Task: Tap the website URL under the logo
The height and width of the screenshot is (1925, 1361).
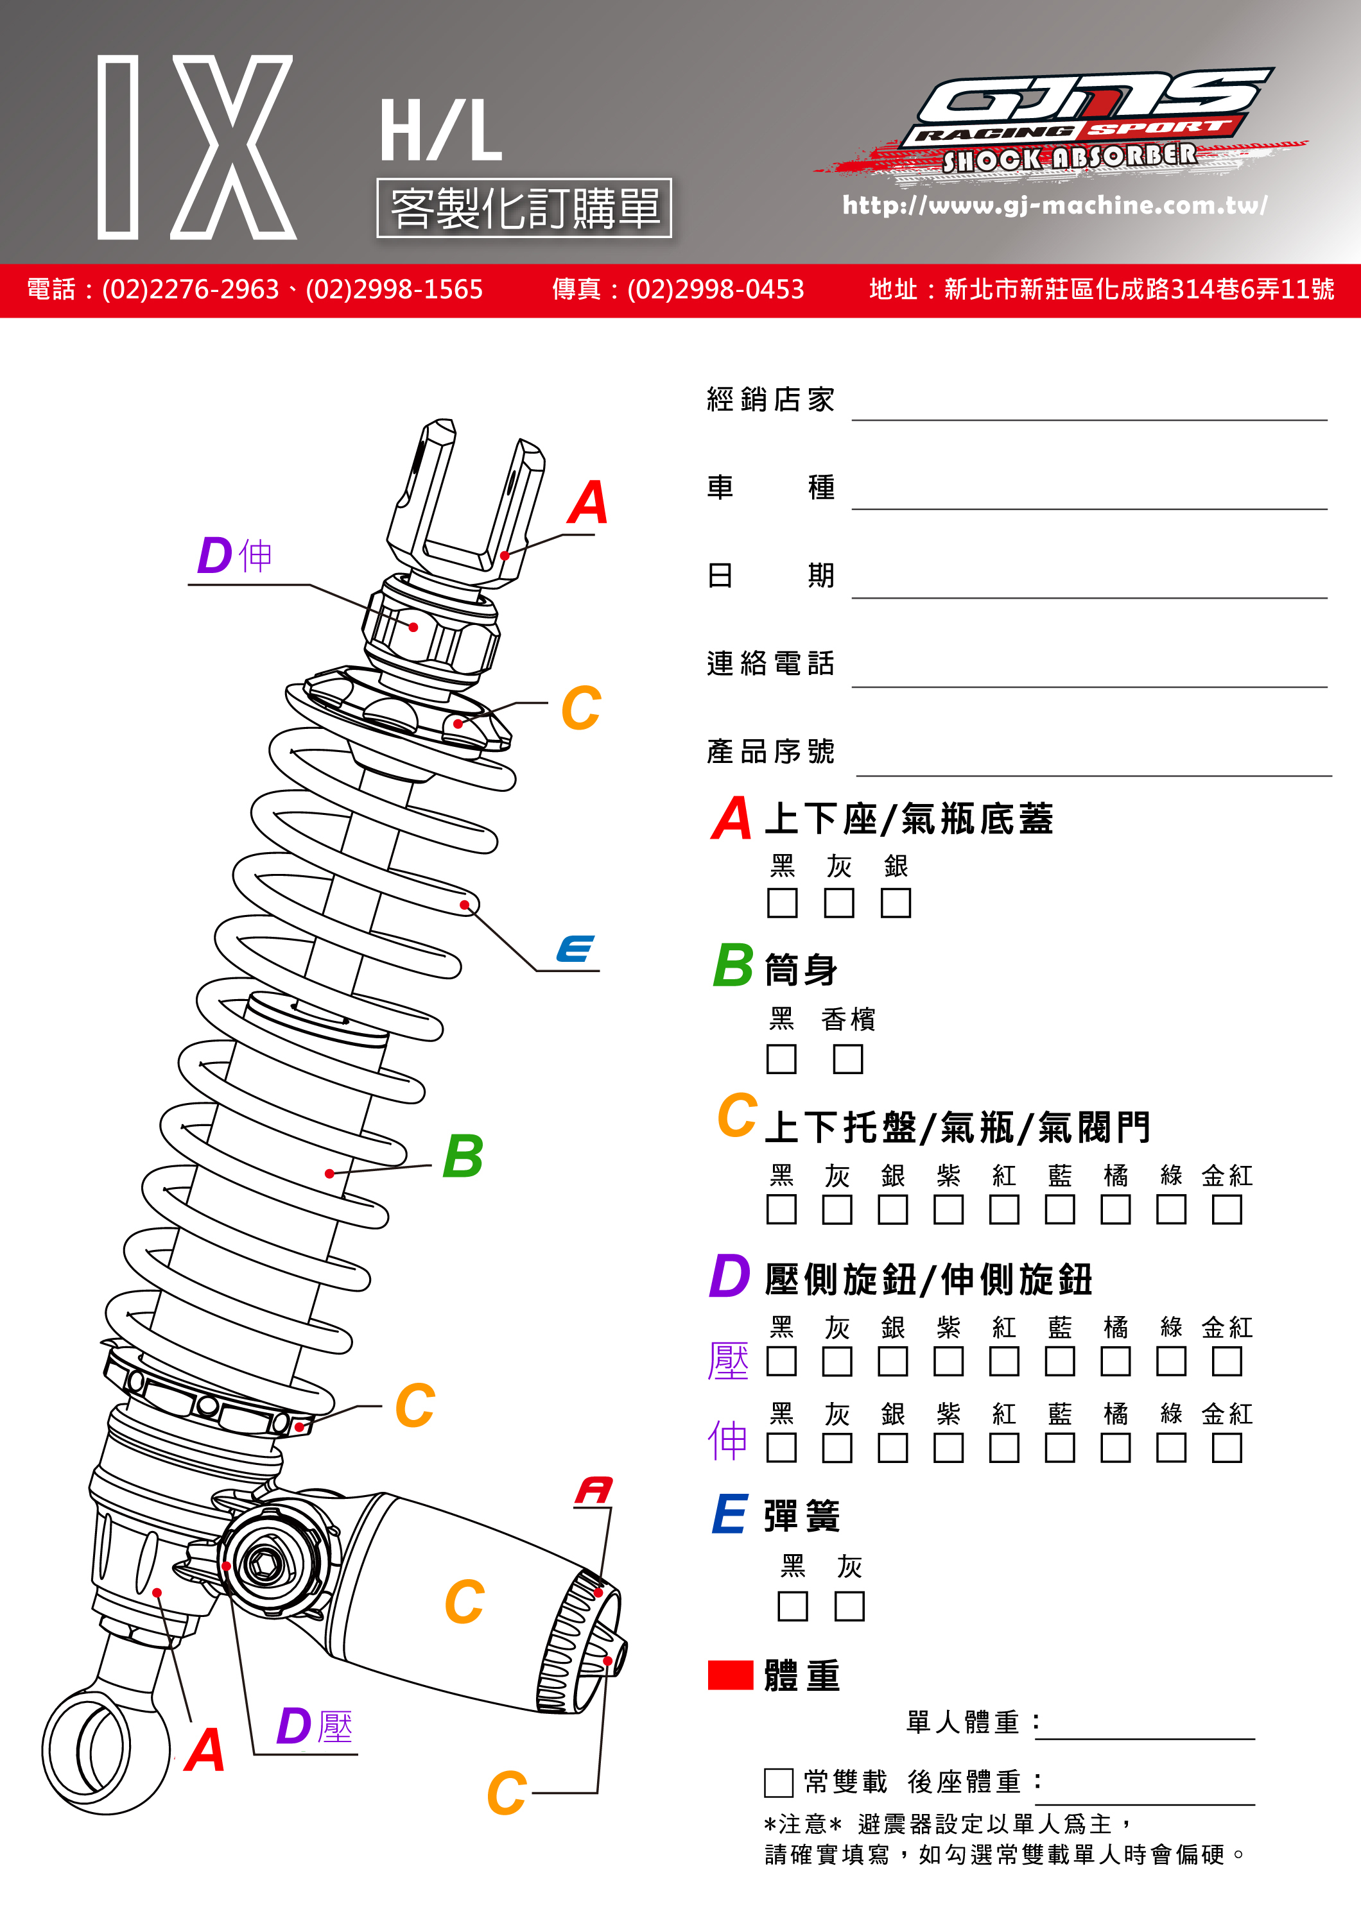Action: [1054, 205]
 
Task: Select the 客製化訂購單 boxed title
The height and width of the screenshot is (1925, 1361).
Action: [524, 208]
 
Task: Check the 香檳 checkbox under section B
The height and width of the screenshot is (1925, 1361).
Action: [848, 1059]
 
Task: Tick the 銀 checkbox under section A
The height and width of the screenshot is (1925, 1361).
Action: [896, 903]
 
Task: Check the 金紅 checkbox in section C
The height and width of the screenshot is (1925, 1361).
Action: [1226, 1209]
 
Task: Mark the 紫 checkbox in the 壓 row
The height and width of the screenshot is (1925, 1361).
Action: [948, 1362]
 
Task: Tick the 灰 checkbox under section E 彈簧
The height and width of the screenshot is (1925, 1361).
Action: [849, 1606]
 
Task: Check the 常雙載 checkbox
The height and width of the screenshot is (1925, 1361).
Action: [778, 1783]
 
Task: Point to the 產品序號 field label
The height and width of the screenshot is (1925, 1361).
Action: [770, 751]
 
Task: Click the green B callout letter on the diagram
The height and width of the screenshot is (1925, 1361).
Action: [463, 1156]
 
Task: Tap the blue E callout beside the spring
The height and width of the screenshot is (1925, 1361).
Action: [576, 949]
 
